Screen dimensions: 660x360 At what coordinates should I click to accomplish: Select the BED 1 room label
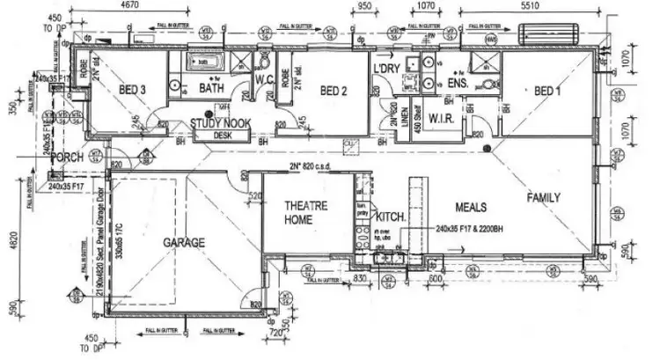(x=548, y=90)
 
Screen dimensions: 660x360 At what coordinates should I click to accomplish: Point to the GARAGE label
(x=184, y=242)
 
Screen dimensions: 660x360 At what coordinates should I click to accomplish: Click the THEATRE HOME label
(x=305, y=213)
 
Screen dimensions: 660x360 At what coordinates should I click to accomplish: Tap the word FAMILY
(x=544, y=198)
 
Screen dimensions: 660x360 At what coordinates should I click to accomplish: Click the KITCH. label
(x=389, y=215)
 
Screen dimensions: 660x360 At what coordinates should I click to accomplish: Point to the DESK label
(x=221, y=136)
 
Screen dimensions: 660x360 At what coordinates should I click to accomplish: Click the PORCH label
(x=67, y=157)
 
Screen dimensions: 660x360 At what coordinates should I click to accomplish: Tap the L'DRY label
(x=387, y=68)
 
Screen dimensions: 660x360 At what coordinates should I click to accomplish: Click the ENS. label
(x=483, y=83)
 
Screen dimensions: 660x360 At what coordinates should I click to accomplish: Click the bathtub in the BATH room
(x=207, y=62)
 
